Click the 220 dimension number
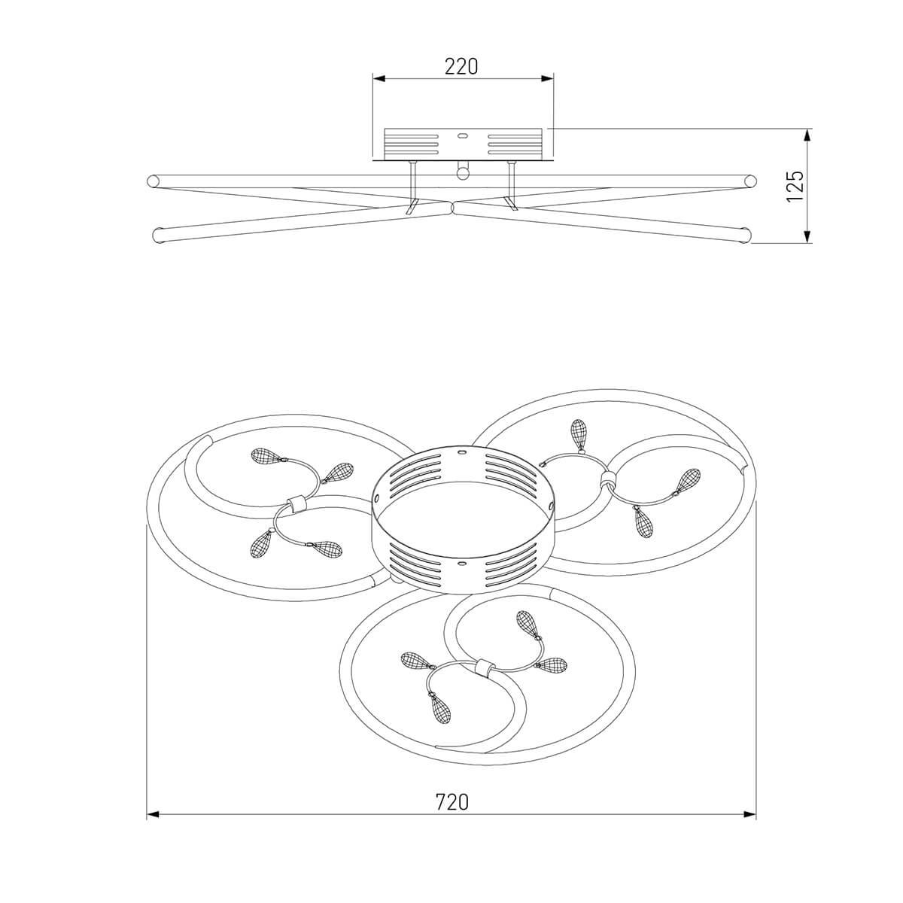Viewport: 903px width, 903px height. coord(461,66)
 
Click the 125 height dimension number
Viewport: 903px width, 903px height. coord(795,186)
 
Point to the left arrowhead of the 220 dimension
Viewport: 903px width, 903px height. coord(379,79)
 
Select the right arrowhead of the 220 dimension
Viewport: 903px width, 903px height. coord(547,79)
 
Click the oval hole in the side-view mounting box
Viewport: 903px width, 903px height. coord(463,136)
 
